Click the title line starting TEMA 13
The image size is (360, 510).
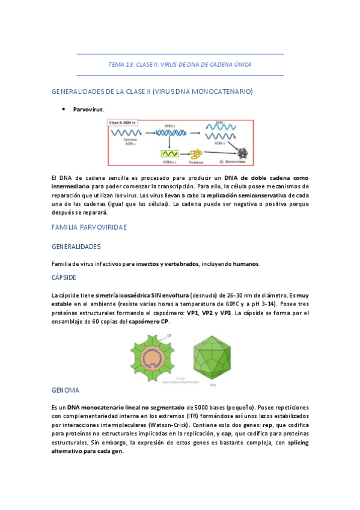(x=180, y=64)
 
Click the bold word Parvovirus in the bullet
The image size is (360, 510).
(x=88, y=109)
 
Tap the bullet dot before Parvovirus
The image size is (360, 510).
(x=63, y=109)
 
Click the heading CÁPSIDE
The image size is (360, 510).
(x=69, y=278)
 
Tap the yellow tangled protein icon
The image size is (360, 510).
(x=195, y=154)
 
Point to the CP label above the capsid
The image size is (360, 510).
(x=169, y=335)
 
